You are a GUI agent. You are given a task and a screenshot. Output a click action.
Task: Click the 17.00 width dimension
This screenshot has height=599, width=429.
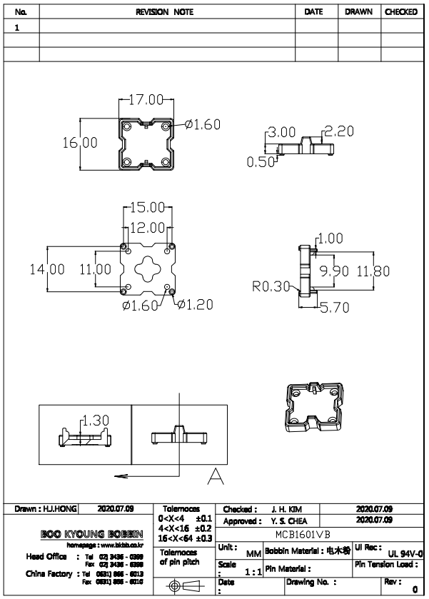coord(147,99)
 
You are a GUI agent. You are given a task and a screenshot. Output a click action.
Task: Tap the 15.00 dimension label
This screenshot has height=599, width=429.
coord(146,208)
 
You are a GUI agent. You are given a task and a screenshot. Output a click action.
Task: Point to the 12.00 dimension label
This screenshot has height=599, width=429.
coord(146,227)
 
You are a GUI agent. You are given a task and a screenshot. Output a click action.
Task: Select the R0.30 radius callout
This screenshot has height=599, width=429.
coord(271,287)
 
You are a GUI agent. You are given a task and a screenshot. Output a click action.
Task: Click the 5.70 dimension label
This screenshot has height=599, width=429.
coord(333,308)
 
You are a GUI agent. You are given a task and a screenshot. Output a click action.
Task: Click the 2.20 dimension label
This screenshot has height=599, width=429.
coord(338,131)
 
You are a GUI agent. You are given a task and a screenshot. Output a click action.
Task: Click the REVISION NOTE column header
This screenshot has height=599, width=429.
coord(167,12)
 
